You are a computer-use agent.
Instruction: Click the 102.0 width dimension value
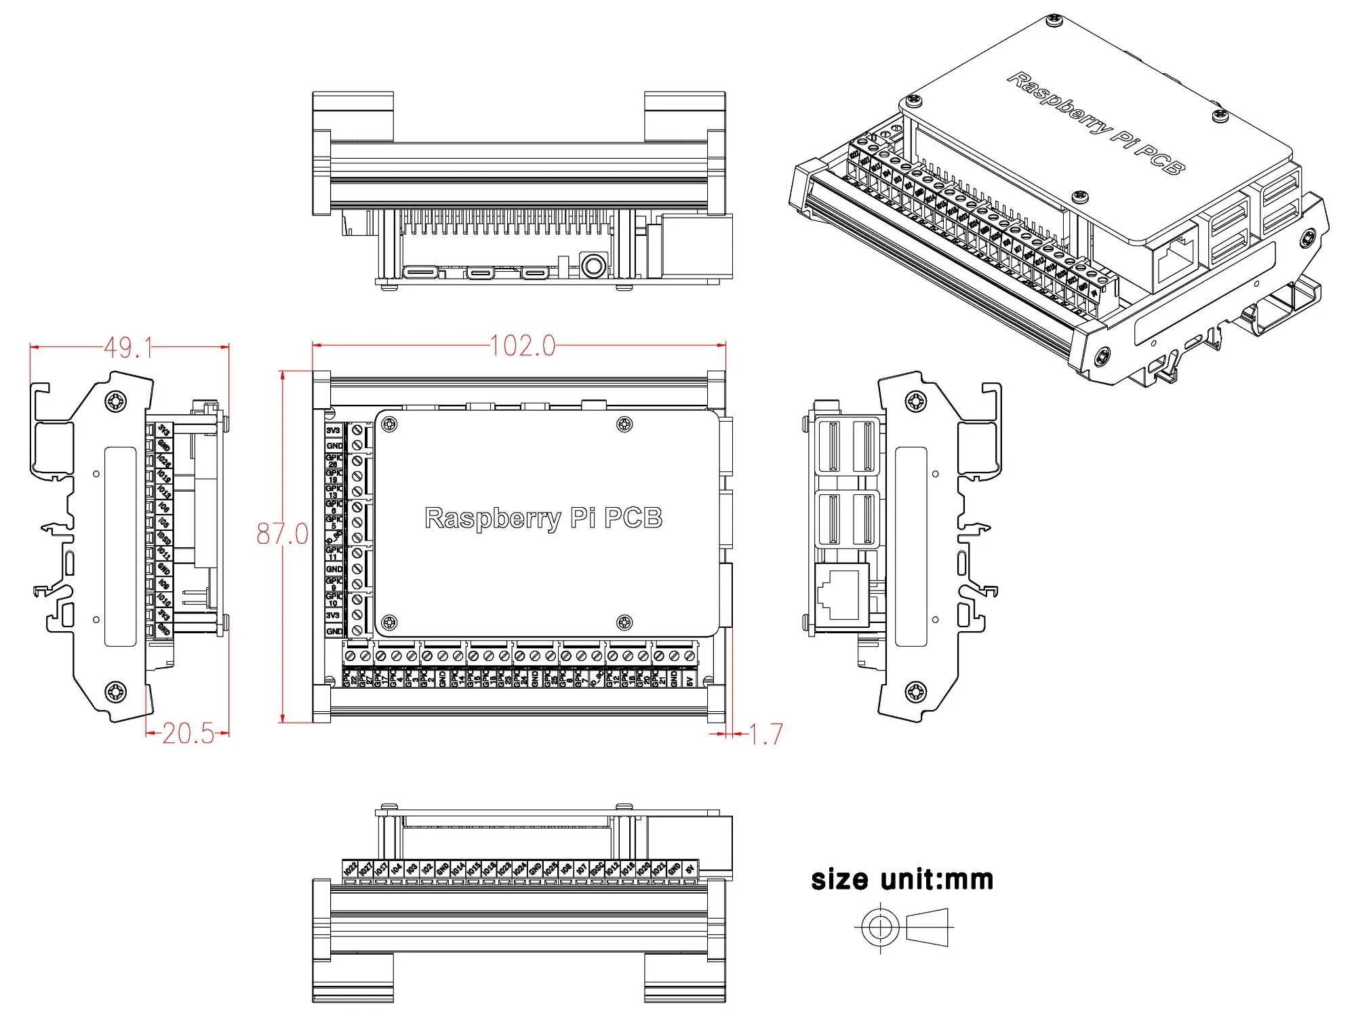[x=523, y=346]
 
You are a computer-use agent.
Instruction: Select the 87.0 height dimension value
[x=282, y=534]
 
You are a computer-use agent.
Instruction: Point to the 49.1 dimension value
[x=128, y=348]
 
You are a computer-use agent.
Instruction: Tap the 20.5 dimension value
[x=188, y=734]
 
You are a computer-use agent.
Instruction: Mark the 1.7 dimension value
[x=766, y=734]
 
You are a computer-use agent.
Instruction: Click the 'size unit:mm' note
[x=902, y=880]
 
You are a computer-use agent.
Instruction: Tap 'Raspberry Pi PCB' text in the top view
[x=543, y=518]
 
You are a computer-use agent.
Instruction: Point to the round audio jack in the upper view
[x=594, y=265]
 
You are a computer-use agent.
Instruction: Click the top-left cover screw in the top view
[x=390, y=425]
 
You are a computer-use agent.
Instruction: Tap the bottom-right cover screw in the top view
[x=624, y=622]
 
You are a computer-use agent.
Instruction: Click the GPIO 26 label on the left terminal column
[x=334, y=460]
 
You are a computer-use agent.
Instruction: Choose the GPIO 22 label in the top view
[x=350, y=678]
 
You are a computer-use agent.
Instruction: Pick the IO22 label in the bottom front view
[x=350, y=869]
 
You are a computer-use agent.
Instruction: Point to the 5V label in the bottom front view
[x=690, y=869]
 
